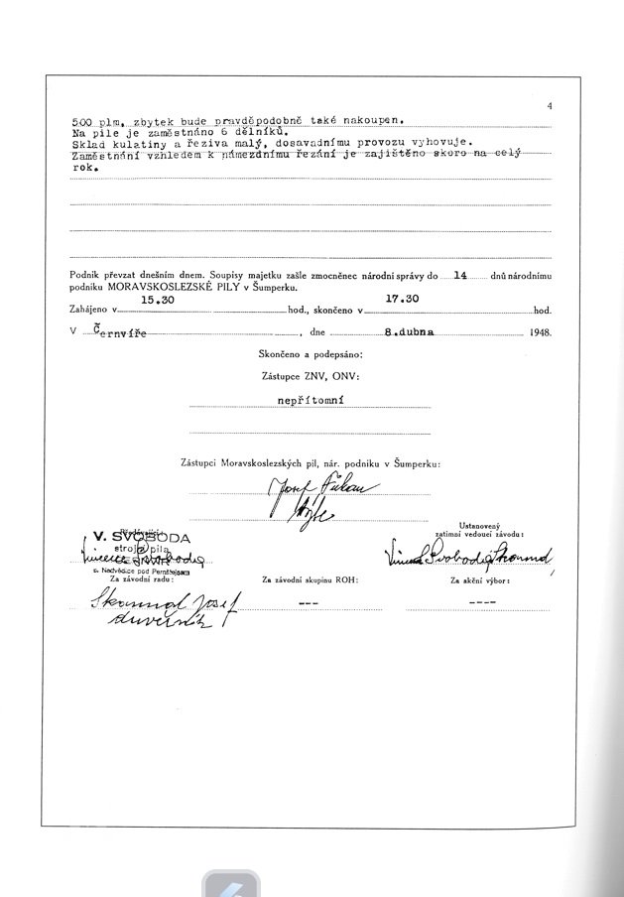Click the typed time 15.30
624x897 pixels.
coord(158,298)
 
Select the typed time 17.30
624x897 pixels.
coord(402,298)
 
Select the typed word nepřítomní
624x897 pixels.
coord(309,403)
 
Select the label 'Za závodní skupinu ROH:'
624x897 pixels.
coord(309,577)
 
